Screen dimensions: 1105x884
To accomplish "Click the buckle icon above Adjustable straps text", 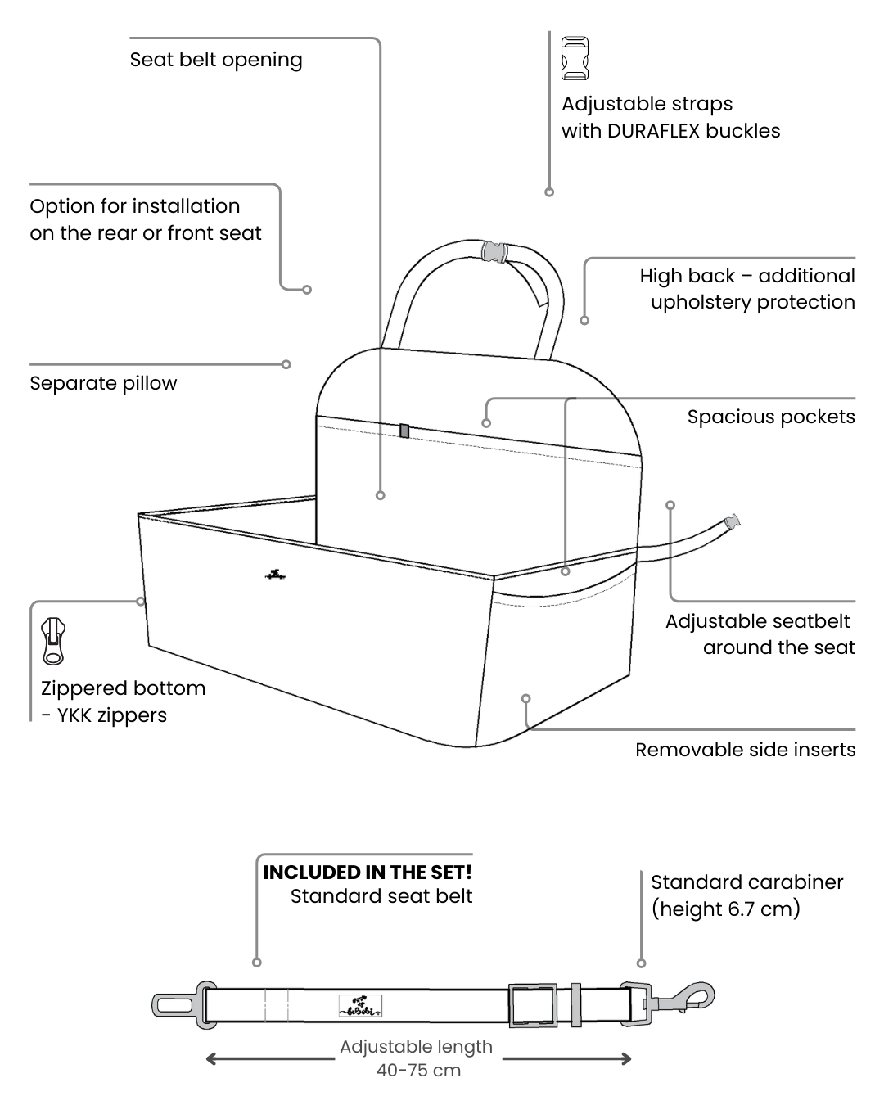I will click(575, 58).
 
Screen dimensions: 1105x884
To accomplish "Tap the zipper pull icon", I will click(54, 642).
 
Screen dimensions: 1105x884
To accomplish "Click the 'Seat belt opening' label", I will click(216, 60).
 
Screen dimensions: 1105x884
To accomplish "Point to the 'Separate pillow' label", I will click(103, 383).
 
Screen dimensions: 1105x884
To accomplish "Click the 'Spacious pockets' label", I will click(770, 417).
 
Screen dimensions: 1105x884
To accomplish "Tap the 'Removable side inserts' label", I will click(745, 750).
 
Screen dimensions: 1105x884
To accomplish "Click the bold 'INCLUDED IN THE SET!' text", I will click(368, 873).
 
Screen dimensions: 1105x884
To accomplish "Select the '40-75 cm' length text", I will click(418, 1070).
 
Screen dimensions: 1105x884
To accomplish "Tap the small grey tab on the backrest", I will click(404, 431).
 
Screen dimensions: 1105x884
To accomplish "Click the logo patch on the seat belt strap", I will click(360, 1006).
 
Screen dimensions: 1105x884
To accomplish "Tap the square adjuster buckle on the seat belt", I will click(532, 1004).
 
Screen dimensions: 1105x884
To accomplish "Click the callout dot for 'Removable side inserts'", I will click(526, 698).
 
